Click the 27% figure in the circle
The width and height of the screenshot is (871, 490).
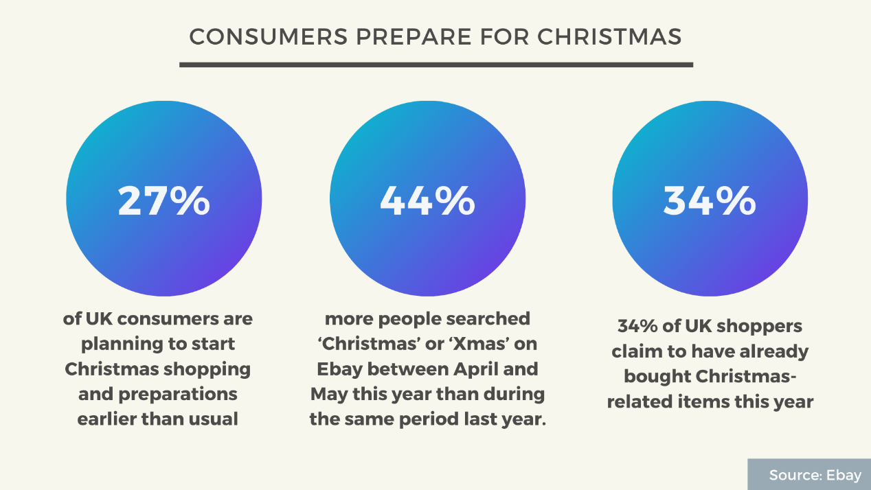pyautogui.click(x=163, y=200)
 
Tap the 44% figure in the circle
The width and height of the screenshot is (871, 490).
pyautogui.click(x=427, y=200)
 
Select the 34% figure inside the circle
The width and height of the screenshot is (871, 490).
pyautogui.click(x=710, y=200)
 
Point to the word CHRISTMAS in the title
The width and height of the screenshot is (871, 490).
pyautogui.click(x=609, y=37)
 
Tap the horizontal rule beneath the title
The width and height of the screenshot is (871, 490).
pyautogui.click(x=435, y=65)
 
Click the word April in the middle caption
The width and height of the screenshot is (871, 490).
pyautogui.click(x=475, y=369)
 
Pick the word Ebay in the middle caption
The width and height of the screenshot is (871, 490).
pyautogui.click(x=339, y=369)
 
